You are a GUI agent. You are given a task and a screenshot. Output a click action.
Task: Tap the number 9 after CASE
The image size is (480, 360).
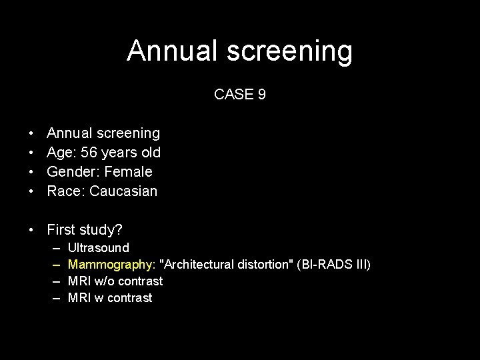tap(261, 95)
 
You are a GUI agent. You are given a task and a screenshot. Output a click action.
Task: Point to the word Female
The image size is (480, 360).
tap(129, 172)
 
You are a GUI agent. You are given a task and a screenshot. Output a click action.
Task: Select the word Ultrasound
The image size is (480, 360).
tap(99, 248)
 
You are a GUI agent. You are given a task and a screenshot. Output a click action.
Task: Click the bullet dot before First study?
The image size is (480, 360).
tap(31, 231)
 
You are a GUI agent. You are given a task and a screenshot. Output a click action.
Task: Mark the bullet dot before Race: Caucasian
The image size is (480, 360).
tap(31, 192)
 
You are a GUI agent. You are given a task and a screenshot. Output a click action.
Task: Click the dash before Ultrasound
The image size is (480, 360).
tap(55, 248)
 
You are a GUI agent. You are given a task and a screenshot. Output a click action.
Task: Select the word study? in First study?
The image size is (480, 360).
tap(102, 231)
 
